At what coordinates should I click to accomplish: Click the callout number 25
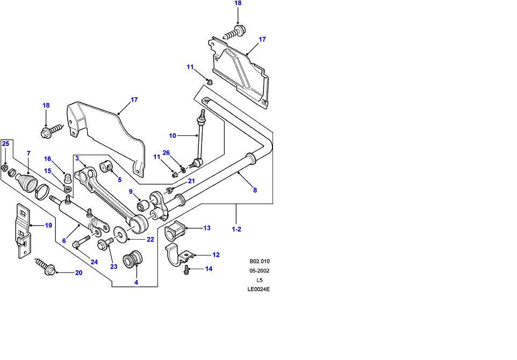[x=5, y=143]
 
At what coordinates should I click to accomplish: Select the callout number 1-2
[x=236, y=229]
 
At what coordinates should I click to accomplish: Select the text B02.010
[x=260, y=262]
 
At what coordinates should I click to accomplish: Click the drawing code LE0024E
[x=258, y=289]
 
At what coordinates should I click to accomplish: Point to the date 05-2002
[x=260, y=271]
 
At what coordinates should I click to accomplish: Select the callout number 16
[x=47, y=159]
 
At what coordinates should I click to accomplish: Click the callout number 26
[x=167, y=153]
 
